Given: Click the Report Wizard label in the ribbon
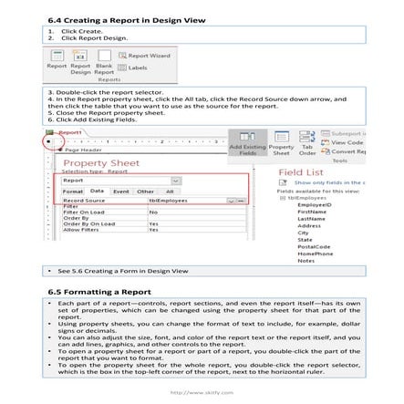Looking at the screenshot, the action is point(152,57).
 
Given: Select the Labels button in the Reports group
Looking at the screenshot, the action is point(137,67).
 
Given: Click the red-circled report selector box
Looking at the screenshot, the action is point(50,142).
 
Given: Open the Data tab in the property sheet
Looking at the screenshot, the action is point(98,192).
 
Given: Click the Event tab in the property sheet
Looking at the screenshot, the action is point(120,192).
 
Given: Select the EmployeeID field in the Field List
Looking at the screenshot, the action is point(314,205).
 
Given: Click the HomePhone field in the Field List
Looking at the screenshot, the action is point(314,254).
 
